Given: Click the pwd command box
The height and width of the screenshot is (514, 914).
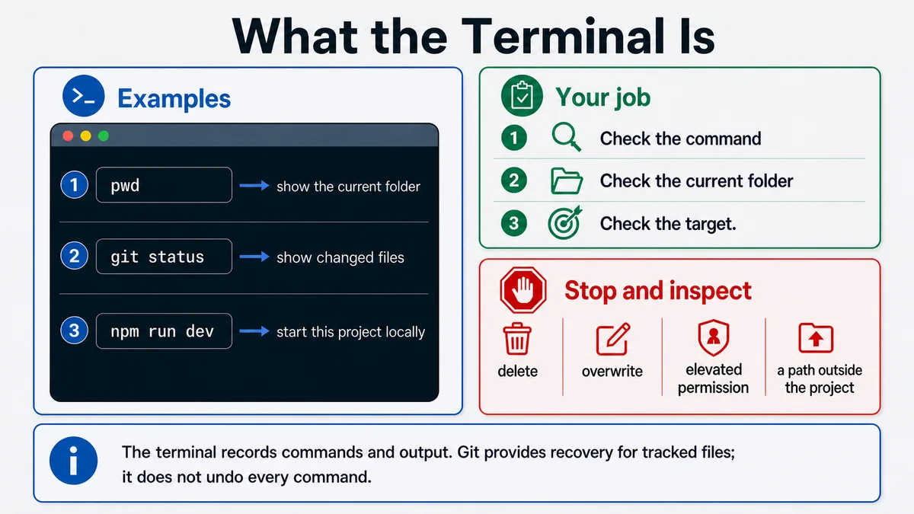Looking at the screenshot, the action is pos(164,185).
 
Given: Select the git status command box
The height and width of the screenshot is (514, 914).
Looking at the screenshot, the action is pos(164,256).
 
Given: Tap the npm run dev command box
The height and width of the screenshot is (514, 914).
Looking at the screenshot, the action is pos(164,330).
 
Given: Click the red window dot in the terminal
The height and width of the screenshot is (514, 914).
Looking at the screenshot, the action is pos(68,136).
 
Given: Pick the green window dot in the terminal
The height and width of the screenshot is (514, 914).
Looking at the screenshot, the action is pos(104,136).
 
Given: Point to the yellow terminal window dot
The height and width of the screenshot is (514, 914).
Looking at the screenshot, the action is pos(85,136).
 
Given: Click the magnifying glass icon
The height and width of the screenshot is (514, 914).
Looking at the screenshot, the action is pos(566,137).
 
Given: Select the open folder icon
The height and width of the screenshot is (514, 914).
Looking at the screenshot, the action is pos(567,180).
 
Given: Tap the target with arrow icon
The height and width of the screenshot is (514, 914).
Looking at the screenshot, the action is pos(564,222).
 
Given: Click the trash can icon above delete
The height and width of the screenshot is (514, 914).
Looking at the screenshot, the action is pos(517,339).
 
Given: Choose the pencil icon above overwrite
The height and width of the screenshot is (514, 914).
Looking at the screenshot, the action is pos(613,340).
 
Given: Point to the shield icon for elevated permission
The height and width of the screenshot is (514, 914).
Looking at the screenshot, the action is pos(713,338).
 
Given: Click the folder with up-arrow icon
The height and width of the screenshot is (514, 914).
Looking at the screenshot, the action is pos(816,338).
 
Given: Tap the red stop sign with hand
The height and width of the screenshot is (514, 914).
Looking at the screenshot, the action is pos(523,290).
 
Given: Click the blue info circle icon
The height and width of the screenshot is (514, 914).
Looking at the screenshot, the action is pos(73,461).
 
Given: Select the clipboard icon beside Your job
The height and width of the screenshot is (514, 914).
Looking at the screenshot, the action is pos(522,96).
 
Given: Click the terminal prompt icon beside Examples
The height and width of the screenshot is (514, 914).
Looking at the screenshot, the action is pos(84,96).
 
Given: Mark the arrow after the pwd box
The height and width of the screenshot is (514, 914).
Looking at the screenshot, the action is pos(254,186).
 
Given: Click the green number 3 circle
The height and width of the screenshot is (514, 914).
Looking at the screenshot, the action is pos(513,222).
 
